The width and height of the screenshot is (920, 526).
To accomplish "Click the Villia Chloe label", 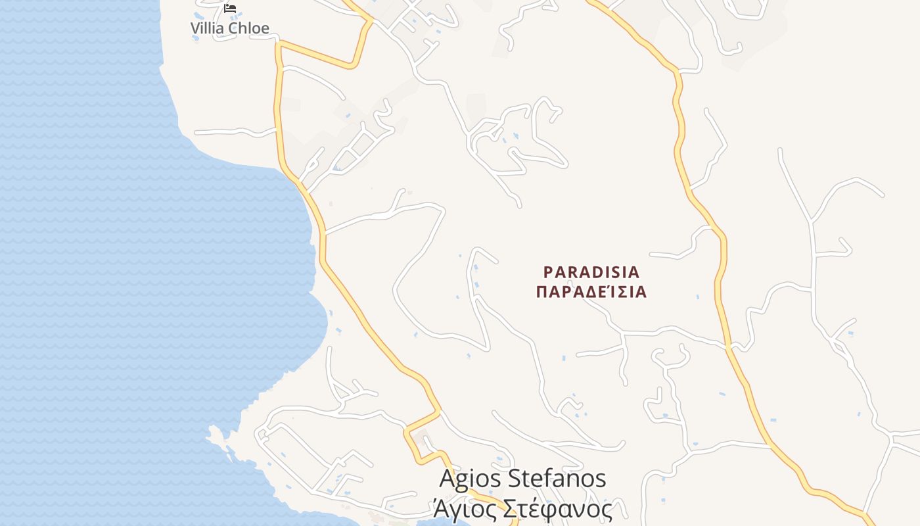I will click(x=230, y=28).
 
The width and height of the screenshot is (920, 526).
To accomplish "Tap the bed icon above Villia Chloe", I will click(x=230, y=9).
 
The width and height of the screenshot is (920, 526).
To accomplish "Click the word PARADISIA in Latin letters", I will click(x=591, y=272).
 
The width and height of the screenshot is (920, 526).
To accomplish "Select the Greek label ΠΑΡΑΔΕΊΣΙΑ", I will click(x=591, y=292).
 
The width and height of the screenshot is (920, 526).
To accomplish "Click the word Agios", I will click(x=470, y=479).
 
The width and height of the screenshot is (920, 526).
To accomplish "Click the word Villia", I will click(x=206, y=28).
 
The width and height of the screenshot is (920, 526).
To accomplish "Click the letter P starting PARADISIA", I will click(x=548, y=272).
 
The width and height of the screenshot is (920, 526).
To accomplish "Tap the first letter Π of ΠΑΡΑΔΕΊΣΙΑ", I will click(x=541, y=292).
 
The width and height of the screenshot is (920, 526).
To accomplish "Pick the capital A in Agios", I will click(x=447, y=479).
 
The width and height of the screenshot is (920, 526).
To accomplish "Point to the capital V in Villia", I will click(x=195, y=28).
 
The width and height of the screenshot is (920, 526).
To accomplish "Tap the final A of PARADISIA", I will click(x=634, y=272).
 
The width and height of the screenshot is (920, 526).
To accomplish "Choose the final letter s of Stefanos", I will click(x=600, y=480).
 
